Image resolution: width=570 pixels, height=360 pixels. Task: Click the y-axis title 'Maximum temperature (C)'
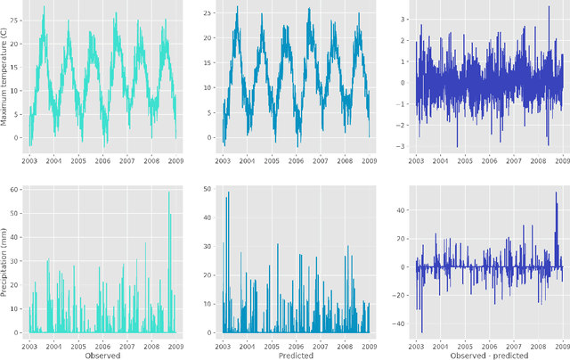5,78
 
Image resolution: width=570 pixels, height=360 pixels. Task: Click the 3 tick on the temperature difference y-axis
403,19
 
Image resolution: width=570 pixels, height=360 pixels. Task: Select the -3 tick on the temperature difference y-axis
402,147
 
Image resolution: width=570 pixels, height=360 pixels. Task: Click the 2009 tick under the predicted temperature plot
369,160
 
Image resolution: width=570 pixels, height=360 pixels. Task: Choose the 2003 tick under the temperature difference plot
416,160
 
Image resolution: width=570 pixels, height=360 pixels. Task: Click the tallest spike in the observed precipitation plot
169,192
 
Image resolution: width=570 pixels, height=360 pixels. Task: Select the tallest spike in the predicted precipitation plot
228,192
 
